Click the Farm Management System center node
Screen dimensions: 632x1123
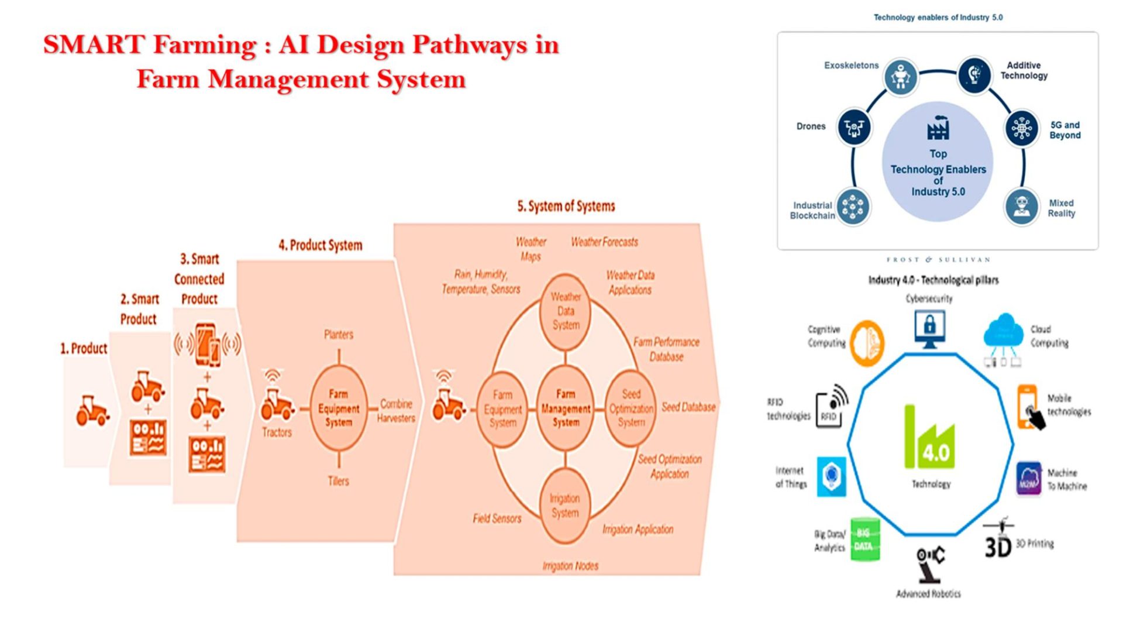click(x=565, y=408)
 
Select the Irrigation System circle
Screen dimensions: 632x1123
click(x=564, y=506)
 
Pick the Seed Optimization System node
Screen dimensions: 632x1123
click(x=631, y=408)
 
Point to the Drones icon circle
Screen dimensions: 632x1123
click(x=853, y=127)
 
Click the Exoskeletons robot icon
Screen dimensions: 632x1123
click(x=900, y=76)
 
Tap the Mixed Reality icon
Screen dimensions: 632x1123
click(x=1021, y=207)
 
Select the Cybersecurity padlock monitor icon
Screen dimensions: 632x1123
click(x=929, y=328)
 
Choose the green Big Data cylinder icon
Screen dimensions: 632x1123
click(x=864, y=540)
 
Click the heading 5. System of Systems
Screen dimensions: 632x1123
click(x=566, y=206)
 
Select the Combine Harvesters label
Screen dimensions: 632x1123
click(x=396, y=411)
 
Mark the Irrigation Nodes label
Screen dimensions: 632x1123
click(x=570, y=566)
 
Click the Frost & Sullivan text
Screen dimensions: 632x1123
click(x=938, y=259)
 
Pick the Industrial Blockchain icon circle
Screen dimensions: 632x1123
click(x=852, y=207)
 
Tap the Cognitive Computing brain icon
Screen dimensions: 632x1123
click(x=866, y=343)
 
